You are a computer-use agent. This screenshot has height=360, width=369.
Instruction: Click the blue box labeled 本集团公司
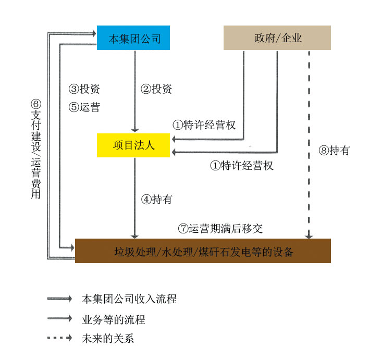[x=133, y=38]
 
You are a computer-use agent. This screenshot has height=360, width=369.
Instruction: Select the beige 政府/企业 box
[x=277, y=38]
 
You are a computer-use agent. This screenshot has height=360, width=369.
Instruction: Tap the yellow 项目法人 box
[x=133, y=145]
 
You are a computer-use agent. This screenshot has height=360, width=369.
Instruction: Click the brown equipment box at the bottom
[x=203, y=251]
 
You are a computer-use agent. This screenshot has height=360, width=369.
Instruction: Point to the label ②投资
[x=156, y=89]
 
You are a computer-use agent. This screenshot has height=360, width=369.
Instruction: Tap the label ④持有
[x=157, y=199]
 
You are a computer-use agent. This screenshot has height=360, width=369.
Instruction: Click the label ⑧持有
[x=334, y=151]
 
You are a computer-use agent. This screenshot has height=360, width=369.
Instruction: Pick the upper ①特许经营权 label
[x=204, y=125]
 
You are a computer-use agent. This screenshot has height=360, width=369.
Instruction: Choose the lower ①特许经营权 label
[x=241, y=166]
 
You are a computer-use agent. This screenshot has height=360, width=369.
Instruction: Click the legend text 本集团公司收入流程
[x=129, y=299]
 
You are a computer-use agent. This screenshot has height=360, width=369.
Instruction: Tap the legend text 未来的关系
[x=108, y=338]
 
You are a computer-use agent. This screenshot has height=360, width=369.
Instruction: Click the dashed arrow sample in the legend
[x=59, y=338]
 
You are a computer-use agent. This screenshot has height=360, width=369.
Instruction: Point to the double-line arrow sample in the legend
[x=59, y=299]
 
